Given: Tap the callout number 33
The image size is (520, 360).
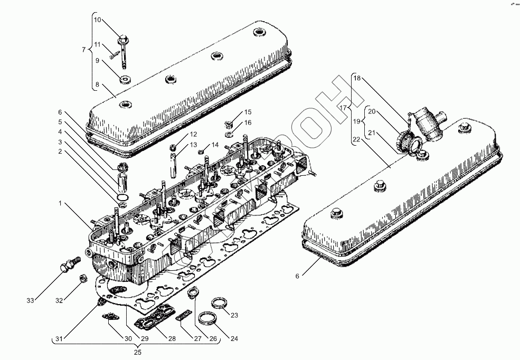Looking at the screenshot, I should click(x=31, y=300).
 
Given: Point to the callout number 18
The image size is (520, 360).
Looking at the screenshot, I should click(x=357, y=79).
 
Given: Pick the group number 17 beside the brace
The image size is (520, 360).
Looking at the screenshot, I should click(x=343, y=108).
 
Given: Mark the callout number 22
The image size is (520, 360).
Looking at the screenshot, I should click(x=357, y=139).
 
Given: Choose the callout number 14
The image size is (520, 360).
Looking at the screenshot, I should click(x=215, y=145).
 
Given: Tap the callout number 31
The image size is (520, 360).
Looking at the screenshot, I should click(x=59, y=338).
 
